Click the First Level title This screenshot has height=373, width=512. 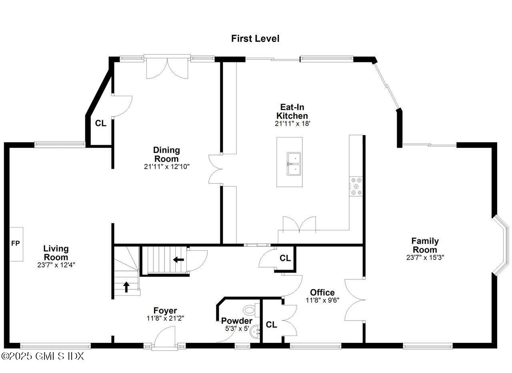(x=255, y=38)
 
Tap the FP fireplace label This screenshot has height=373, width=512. (x=15, y=243)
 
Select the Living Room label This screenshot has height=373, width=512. (x=56, y=253)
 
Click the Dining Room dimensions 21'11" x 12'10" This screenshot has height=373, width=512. (x=167, y=166)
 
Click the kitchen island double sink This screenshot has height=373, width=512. (x=295, y=164)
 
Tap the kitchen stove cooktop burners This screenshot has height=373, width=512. (x=356, y=186)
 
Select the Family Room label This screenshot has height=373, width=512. (x=425, y=245)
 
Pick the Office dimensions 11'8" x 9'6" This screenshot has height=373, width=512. (x=322, y=300)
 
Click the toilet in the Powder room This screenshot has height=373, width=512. (x=250, y=310)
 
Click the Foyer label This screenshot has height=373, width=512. (x=165, y=310)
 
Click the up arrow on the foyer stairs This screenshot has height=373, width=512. (x=126, y=286)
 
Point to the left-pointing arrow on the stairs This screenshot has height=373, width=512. (x=178, y=260)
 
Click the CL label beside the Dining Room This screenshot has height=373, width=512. (x=100, y=123)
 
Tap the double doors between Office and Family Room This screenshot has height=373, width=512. (x=354, y=299)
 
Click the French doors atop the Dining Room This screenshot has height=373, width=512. (x=167, y=68)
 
